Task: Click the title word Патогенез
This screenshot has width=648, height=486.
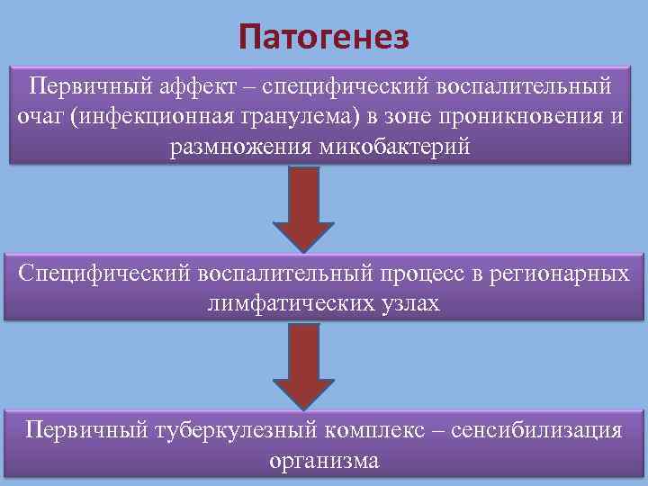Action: click(324, 37)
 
